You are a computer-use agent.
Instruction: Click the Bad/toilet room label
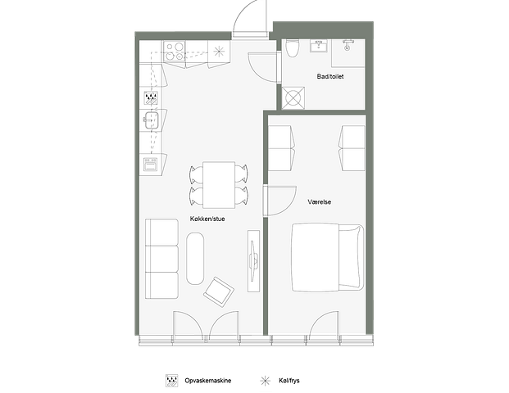click(x=330, y=76)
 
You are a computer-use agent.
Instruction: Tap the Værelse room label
click(x=320, y=201)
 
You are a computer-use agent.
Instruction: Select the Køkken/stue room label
click(x=207, y=219)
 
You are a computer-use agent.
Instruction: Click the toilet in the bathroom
click(x=292, y=48)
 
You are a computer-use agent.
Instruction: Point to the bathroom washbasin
click(x=320, y=46)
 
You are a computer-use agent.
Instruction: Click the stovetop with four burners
click(x=175, y=52)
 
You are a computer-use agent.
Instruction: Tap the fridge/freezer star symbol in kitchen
click(x=219, y=52)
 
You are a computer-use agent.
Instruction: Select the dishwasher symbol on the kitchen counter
click(x=151, y=98)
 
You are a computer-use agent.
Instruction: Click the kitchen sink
click(x=151, y=120)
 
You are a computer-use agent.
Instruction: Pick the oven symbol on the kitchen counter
click(x=151, y=165)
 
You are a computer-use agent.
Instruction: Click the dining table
click(x=219, y=185)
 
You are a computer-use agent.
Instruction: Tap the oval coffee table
click(x=195, y=259)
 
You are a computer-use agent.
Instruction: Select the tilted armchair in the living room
click(x=219, y=291)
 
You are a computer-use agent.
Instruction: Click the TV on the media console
click(x=253, y=260)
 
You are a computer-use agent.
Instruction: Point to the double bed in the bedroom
click(x=327, y=256)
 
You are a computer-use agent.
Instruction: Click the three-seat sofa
click(x=161, y=259)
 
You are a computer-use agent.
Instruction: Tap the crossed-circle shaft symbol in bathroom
click(x=293, y=98)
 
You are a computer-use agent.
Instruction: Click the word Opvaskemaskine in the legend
click(x=208, y=381)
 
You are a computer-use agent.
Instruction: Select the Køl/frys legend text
click(x=289, y=381)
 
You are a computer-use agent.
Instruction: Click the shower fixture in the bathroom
click(x=348, y=45)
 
